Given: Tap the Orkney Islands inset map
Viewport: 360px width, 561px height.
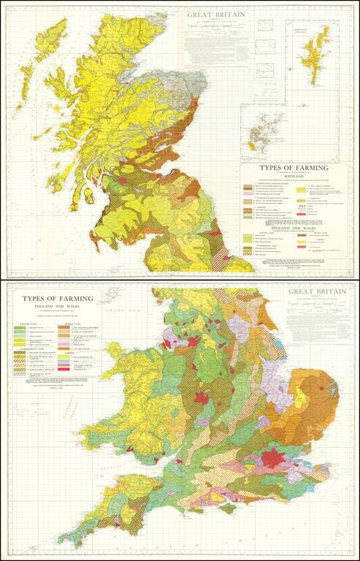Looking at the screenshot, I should pos(264,134).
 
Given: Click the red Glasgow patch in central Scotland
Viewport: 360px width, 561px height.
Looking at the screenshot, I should pos(123,178).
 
